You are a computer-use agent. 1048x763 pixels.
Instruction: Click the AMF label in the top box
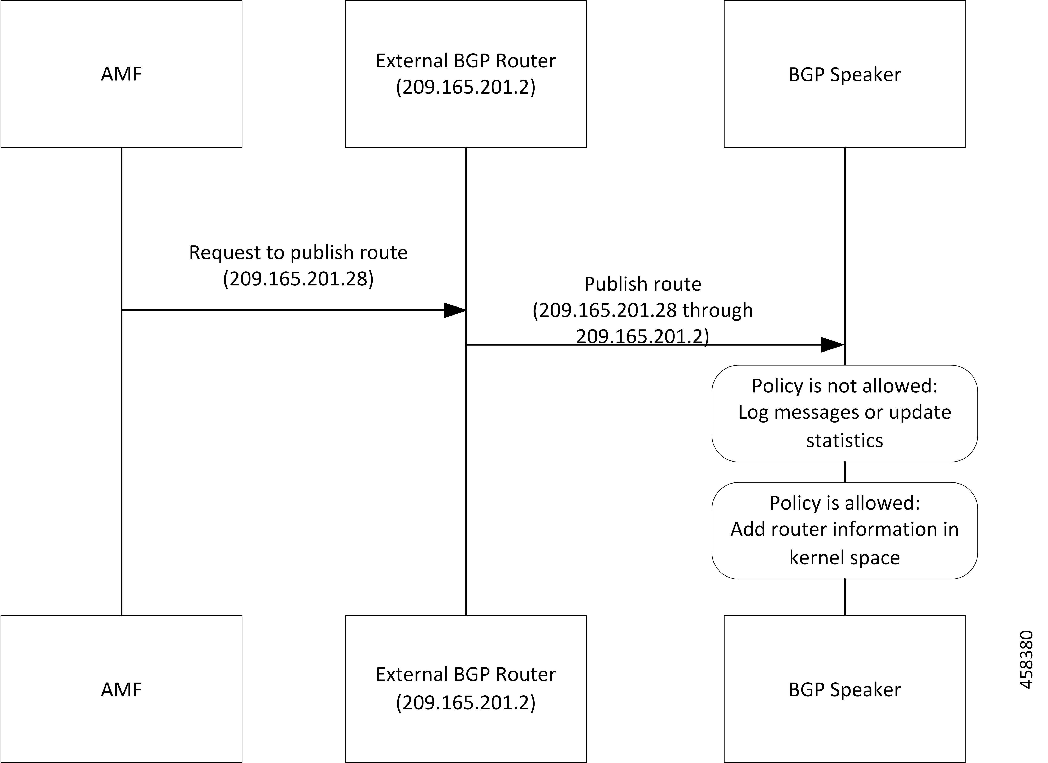pos(122,74)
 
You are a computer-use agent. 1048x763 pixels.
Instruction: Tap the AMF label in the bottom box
pos(122,689)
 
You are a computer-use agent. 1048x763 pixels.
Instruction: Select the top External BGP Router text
pos(466,61)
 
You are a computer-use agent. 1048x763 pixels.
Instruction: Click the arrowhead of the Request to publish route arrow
pos(455,310)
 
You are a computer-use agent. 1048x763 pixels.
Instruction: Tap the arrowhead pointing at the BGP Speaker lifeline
pos(833,345)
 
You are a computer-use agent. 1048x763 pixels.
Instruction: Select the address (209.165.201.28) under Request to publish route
pos(298,278)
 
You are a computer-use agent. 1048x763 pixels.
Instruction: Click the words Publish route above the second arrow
pos(643,284)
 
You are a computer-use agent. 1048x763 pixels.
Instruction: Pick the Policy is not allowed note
pos(845,413)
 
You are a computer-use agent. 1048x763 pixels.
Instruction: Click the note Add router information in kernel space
pos(845,531)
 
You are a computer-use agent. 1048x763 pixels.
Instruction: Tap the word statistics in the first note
pos(845,441)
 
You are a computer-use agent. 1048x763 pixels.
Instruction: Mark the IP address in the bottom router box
pos(466,702)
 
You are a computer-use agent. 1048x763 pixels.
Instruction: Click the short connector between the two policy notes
pos(845,472)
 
